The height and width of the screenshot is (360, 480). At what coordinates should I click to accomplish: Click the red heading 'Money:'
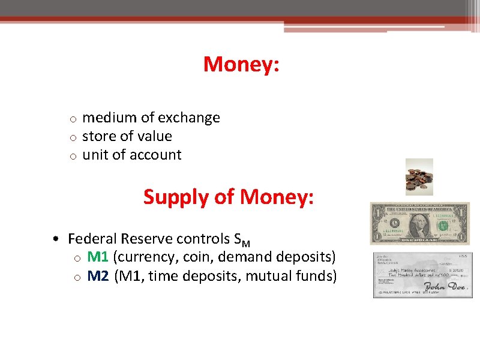[241, 64]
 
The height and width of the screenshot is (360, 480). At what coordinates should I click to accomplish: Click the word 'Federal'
[91, 239]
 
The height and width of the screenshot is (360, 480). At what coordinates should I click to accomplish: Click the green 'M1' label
[98, 257]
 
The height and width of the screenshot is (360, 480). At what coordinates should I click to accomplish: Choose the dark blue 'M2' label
[98, 276]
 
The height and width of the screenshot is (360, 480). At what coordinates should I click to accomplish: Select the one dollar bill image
[419, 223]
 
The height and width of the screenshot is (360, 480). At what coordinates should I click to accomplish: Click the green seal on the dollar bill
[443, 226]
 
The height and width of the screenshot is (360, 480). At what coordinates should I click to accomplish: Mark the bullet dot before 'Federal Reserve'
[55, 239]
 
